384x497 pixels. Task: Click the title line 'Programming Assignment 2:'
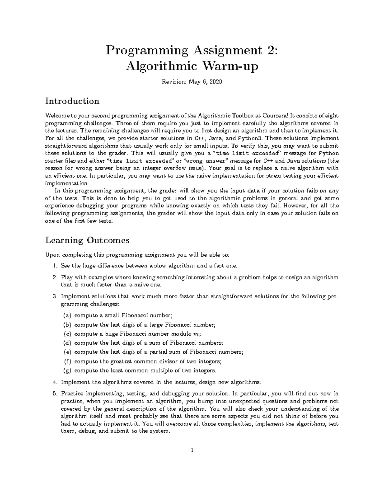pos(192,51)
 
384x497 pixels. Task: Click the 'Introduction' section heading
pos(72,101)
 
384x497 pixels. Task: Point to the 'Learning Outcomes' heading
pos(87,240)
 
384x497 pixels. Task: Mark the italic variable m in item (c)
pos(196,334)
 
